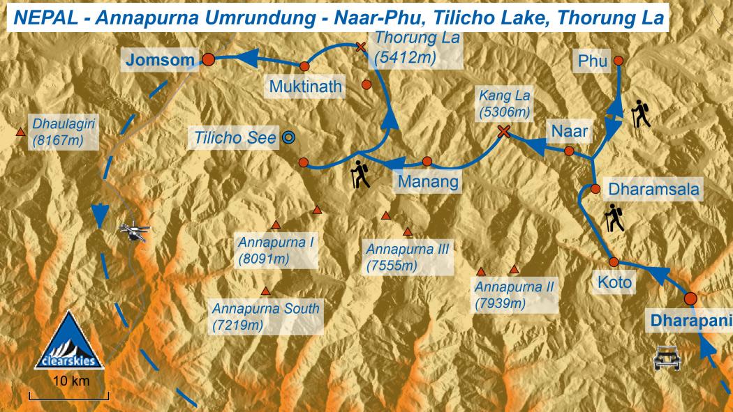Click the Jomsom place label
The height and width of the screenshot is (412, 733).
[159, 60]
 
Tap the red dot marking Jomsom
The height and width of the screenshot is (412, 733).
[207, 60]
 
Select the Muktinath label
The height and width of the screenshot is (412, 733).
[306, 87]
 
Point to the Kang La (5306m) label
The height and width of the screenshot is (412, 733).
[504, 102]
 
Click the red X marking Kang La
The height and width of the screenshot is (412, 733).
[503, 131]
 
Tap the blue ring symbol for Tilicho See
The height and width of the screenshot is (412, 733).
[288, 137]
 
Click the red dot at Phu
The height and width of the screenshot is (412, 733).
[618, 61]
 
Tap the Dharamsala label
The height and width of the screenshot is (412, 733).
[653, 188]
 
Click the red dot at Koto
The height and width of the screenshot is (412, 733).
[614, 262]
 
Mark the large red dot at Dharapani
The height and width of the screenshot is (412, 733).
[690, 298]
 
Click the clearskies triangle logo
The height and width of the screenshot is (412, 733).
[69, 342]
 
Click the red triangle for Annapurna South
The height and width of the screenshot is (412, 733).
[265, 291]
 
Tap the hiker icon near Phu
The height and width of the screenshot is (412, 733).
[641, 114]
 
